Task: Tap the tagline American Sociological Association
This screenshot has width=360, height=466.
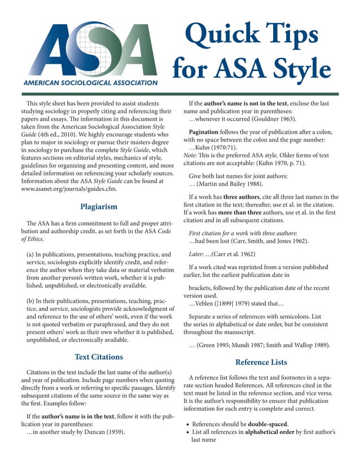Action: [90, 83]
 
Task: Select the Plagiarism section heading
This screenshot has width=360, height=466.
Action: [99, 206]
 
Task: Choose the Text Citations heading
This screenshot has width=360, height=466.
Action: [99, 357]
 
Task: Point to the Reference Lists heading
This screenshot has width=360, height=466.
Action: [261, 362]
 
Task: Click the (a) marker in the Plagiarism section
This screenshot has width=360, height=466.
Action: [32, 256]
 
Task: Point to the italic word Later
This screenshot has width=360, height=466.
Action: [197, 254]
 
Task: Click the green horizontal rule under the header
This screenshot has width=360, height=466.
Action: [180, 94]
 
